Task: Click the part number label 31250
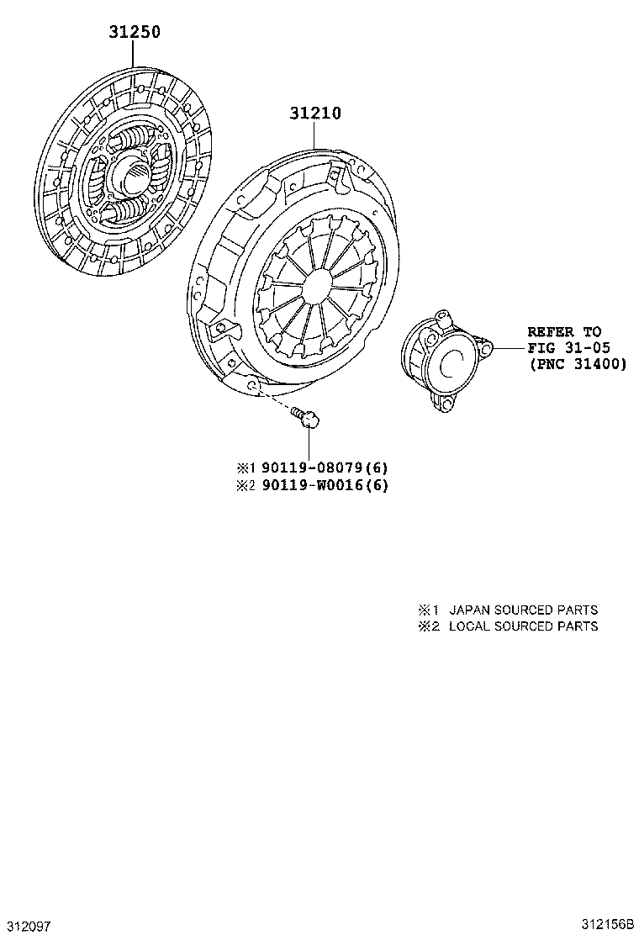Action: point(134,33)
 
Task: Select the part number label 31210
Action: point(315,113)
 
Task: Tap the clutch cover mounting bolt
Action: point(306,416)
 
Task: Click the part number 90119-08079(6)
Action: point(323,468)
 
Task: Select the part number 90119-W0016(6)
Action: point(323,485)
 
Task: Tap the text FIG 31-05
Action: point(569,348)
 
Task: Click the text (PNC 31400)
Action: point(577,364)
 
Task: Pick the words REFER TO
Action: point(564,332)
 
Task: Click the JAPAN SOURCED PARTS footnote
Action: point(523,610)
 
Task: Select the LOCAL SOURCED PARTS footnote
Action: point(523,626)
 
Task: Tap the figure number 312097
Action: point(28,926)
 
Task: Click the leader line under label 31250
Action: point(134,55)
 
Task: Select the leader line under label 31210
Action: point(316,135)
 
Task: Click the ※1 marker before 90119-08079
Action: point(245,468)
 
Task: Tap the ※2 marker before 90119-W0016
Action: point(245,485)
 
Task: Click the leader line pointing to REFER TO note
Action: point(508,347)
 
